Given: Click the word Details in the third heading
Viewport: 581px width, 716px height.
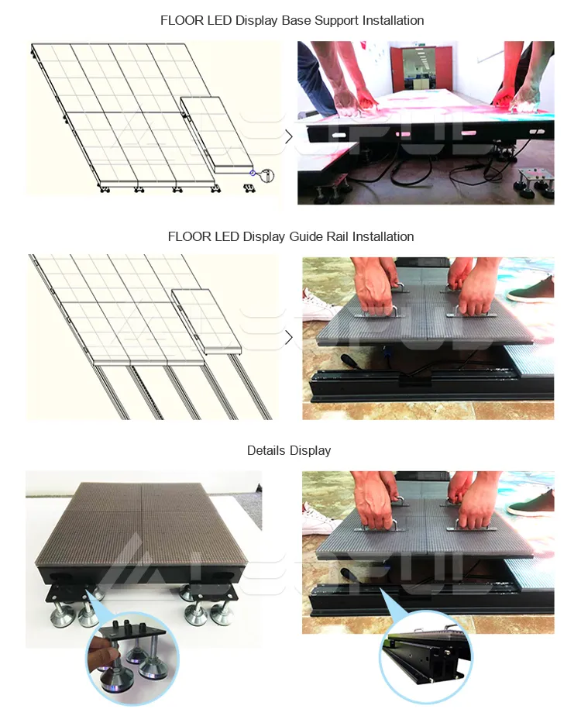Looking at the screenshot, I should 266,450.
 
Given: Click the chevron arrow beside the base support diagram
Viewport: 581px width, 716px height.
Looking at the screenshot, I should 289,137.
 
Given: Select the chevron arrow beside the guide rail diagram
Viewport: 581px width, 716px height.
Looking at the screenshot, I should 289,337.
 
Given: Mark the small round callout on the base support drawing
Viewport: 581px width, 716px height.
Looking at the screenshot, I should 266,174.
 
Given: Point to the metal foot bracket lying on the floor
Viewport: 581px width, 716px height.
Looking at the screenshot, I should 535,178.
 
